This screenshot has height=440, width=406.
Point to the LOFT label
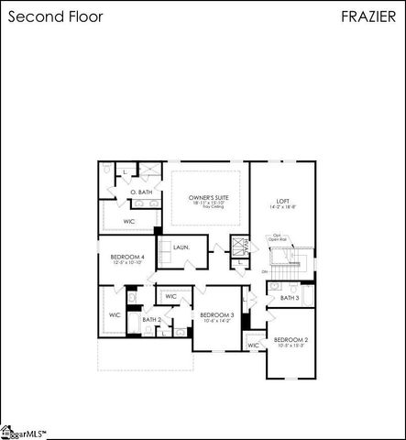[x=282, y=201]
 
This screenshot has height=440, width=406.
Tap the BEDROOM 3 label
[x=217, y=315]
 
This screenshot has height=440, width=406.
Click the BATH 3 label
[x=289, y=298]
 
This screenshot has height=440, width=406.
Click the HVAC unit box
[x=241, y=247]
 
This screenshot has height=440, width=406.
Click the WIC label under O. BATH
[x=129, y=221]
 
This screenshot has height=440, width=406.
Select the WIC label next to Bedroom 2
[x=253, y=345]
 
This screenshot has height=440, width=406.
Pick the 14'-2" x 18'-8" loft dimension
[x=282, y=209]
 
